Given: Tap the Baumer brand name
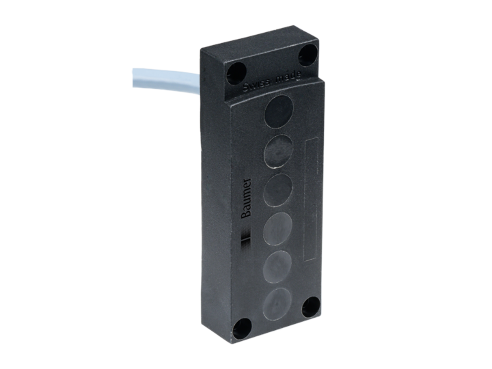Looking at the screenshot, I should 247,198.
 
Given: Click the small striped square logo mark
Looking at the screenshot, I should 248,236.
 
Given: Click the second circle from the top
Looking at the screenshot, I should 278,149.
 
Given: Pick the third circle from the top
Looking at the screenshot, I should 279,189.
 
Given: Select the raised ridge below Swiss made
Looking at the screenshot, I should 273,94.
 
